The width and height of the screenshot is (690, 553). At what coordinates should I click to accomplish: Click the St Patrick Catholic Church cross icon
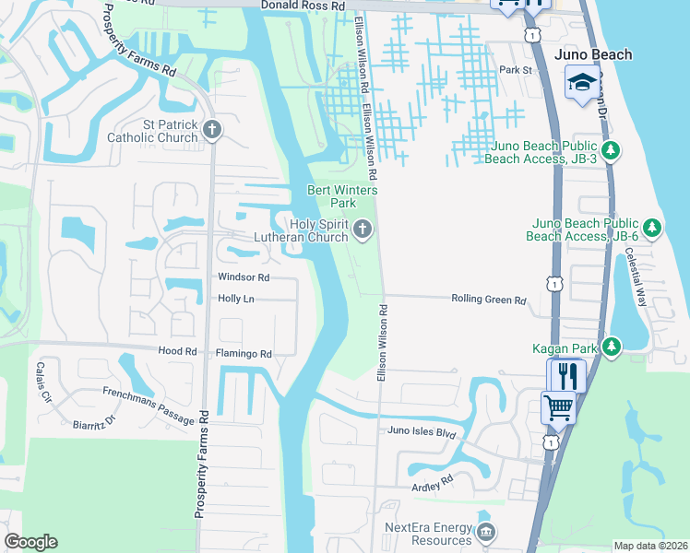(x=212, y=129)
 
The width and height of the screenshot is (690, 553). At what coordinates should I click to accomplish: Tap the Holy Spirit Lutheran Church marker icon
(x=363, y=229)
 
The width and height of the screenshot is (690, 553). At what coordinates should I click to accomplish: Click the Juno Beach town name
(x=594, y=54)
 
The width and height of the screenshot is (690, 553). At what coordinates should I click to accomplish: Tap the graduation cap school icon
(x=581, y=82)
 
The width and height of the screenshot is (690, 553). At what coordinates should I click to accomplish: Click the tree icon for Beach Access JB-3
(x=609, y=149)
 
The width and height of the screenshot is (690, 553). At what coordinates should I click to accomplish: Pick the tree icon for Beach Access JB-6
(x=651, y=227)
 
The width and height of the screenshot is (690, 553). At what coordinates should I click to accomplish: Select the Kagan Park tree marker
(x=610, y=347)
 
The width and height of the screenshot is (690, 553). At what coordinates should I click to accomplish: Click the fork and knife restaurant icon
(x=565, y=375)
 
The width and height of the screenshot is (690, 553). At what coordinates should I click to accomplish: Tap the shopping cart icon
(x=558, y=406)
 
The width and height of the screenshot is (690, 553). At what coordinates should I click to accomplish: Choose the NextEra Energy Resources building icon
(x=487, y=532)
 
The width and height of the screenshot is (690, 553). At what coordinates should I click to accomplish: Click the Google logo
(x=30, y=542)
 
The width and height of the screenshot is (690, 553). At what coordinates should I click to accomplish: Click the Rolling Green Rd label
(x=488, y=300)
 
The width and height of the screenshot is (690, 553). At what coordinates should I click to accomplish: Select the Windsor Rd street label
(x=244, y=277)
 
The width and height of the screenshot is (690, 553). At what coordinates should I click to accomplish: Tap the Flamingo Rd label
(x=244, y=353)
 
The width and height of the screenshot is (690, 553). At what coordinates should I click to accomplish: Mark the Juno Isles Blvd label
(x=422, y=431)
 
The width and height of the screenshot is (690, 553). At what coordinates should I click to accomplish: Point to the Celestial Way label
(x=636, y=276)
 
